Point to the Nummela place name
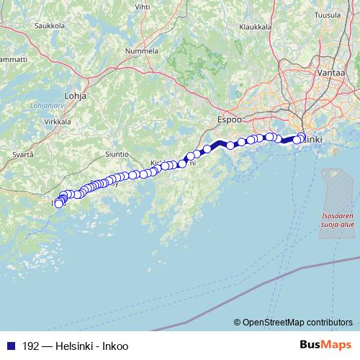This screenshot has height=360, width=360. point(141,52)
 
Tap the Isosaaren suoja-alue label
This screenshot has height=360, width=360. point(337,220)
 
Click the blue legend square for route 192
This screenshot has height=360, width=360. point(10,346)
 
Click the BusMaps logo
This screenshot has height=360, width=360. point(323,346)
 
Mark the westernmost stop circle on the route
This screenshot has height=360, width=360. point(59,204)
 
